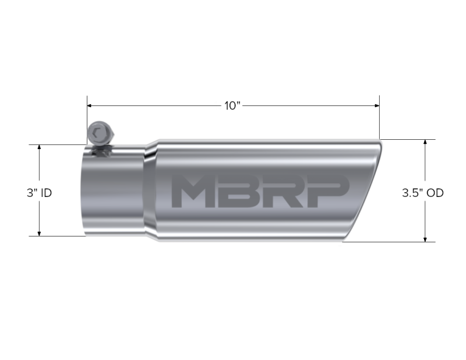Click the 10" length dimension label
[232, 106]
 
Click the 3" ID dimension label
[39, 192]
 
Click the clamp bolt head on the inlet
[97, 135]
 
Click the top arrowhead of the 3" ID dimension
[39, 147]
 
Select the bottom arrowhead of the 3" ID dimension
[39, 233]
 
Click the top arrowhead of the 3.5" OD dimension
[426, 143]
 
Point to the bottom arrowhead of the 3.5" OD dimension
[426, 238]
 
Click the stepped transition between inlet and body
[150, 192]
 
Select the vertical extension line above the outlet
[380, 119]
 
